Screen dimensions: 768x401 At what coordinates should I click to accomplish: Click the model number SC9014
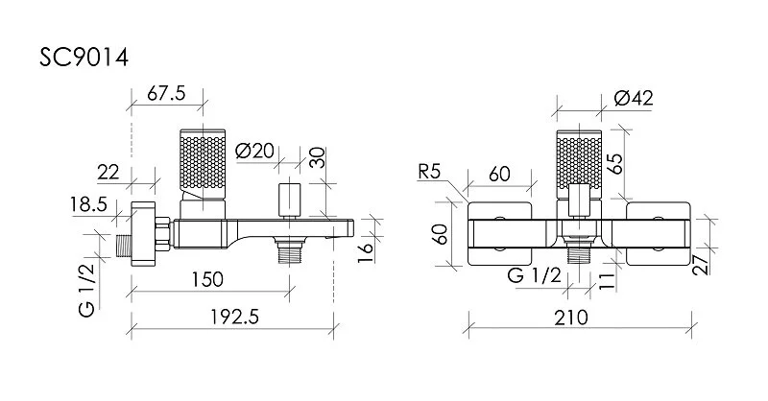pyautogui.click(x=84, y=58)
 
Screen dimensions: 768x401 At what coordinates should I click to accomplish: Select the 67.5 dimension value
pyautogui.click(x=166, y=93)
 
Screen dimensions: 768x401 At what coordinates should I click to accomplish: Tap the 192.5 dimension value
pyautogui.click(x=234, y=318)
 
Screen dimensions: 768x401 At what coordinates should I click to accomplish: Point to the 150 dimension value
pyautogui.click(x=206, y=279)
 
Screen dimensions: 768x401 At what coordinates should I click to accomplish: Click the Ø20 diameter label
pyautogui.click(x=254, y=151)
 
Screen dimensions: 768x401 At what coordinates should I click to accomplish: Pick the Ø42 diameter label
pyautogui.click(x=634, y=99)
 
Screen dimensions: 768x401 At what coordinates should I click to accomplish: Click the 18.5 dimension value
pyautogui.click(x=88, y=204)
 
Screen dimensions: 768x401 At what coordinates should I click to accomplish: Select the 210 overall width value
pyautogui.click(x=571, y=318)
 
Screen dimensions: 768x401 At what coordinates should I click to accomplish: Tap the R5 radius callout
pyautogui.click(x=429, y=172)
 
